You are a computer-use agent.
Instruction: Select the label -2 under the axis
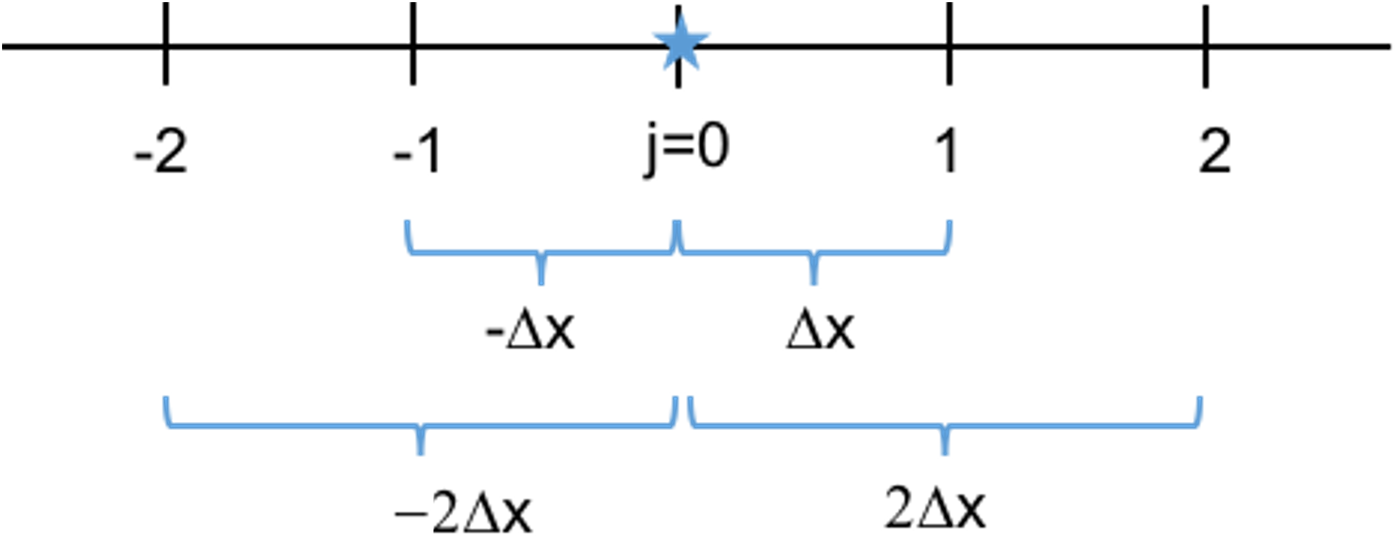point(160,152)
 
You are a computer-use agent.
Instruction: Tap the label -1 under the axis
point(417,152)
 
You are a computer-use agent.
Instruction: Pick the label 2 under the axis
point(1214,151)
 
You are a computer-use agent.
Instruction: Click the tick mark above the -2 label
point(166,43)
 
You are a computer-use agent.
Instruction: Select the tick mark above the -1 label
point(413,43)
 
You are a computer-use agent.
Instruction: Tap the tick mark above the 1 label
point(949,43)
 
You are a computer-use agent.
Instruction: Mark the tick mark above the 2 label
point(1205,46)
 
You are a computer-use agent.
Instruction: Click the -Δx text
point(530,330)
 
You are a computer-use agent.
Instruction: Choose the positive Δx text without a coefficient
point(821,330)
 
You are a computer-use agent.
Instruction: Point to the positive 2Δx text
point(935,508)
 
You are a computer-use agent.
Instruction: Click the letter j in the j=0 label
point(651,152)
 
